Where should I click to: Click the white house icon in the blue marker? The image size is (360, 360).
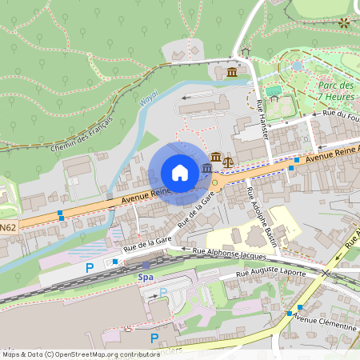(180, 173)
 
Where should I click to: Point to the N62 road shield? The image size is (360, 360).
(7, 228)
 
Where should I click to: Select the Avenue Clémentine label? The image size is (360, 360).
(324, 322)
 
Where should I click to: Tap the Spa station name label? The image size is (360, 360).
(146, 277)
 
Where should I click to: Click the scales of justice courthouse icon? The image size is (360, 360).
(227, 160)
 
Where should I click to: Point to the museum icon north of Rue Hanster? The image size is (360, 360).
(231, 73)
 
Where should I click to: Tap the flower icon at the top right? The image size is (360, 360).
(344, 23)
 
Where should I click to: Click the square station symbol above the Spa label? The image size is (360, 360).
(146, 265)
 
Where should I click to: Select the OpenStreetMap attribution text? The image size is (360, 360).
(80, 354)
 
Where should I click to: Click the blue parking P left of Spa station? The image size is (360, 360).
(90, 267)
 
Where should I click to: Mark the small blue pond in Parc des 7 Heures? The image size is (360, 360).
(298, 66)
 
